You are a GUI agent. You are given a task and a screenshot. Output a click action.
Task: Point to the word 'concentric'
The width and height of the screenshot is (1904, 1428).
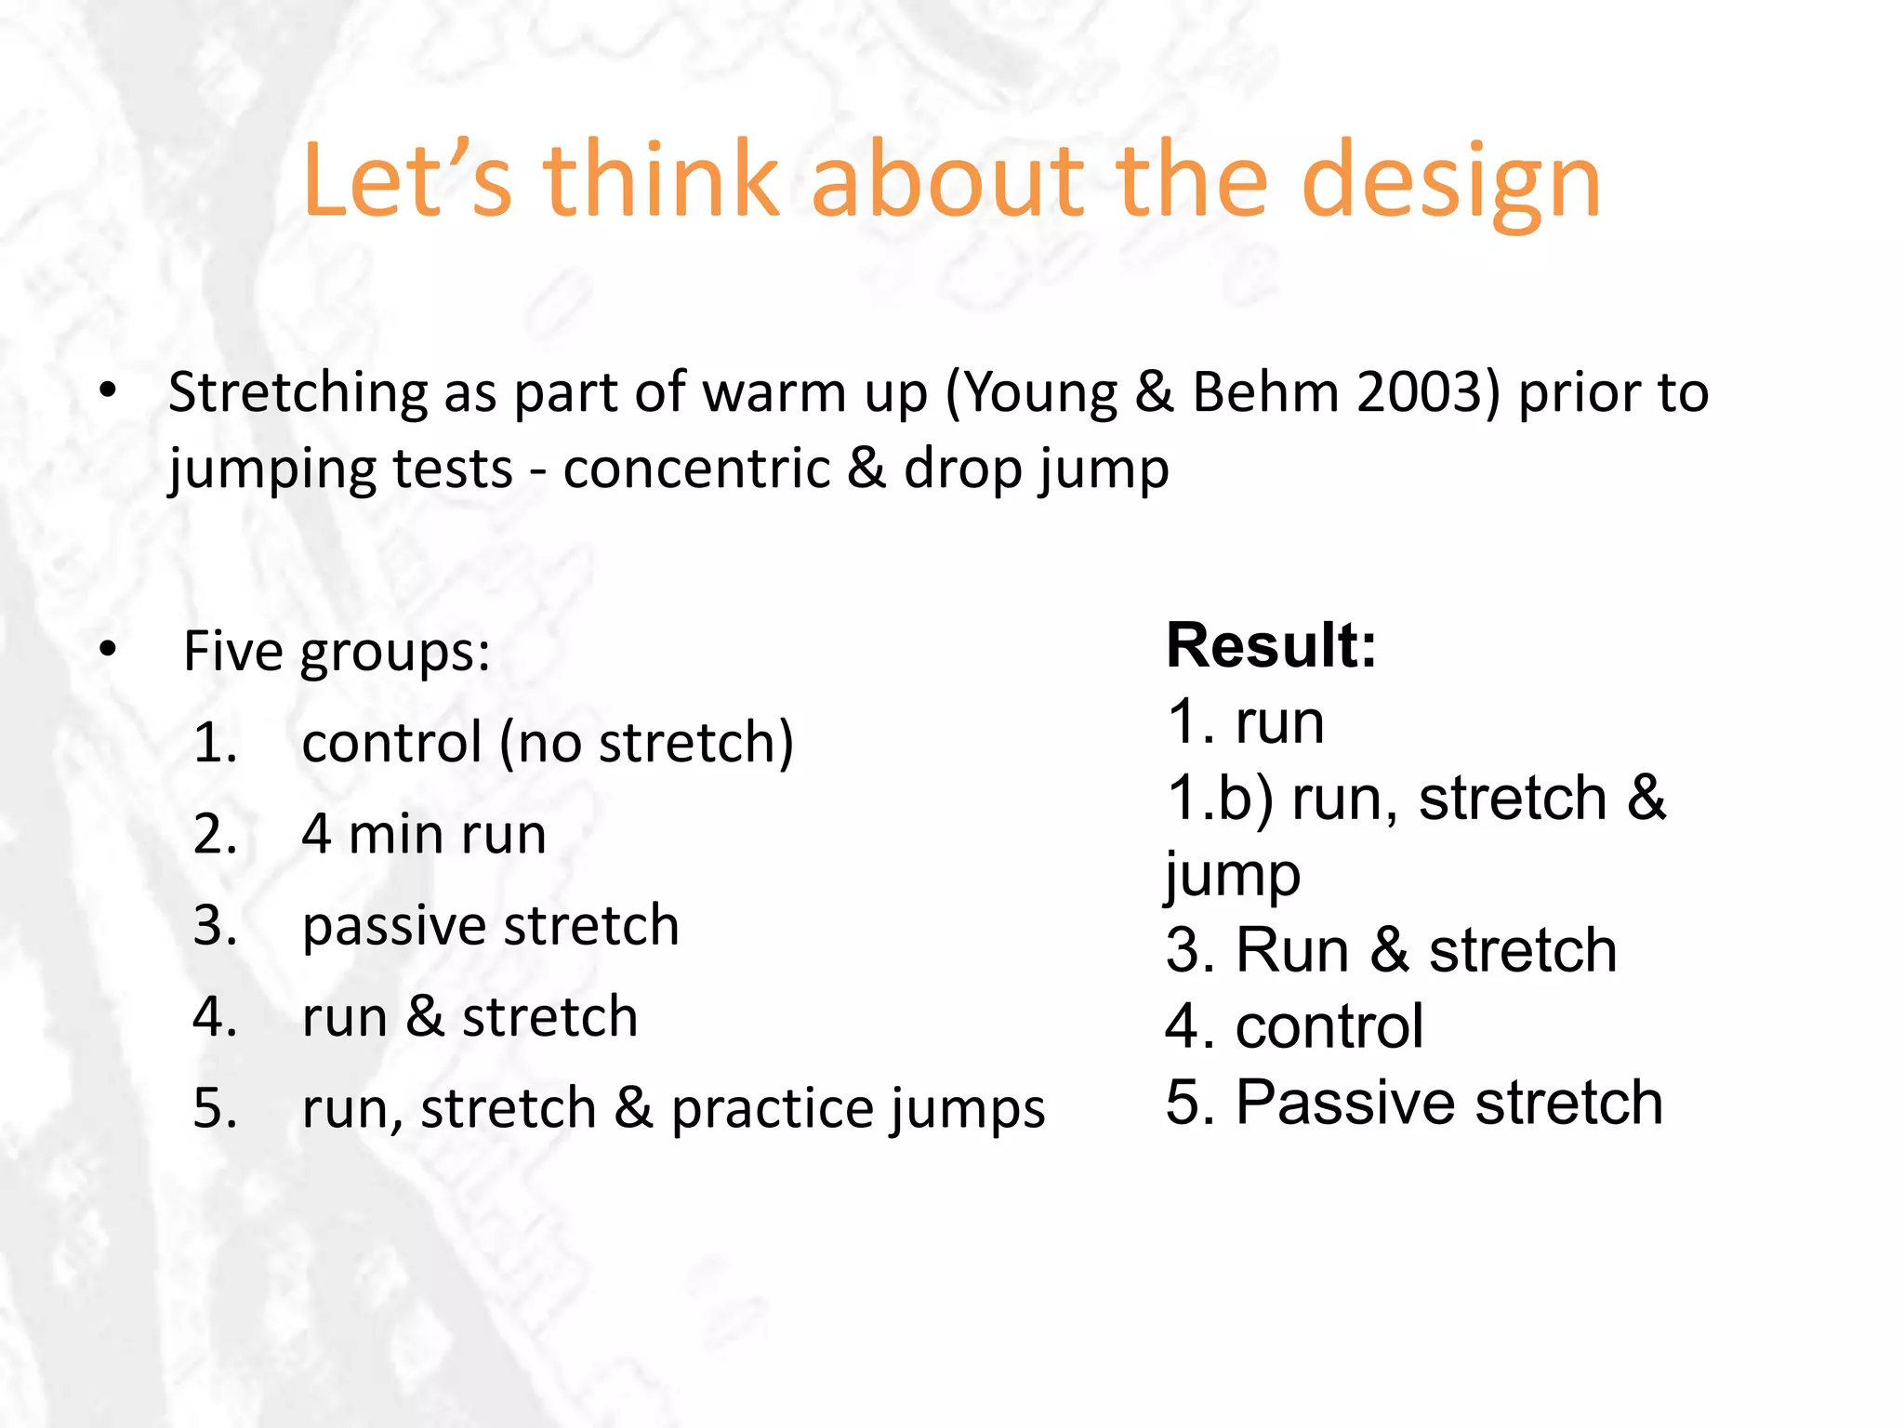tap(695, 468)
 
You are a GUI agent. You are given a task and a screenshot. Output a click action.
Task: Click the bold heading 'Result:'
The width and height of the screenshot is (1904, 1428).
tap(1271, 644)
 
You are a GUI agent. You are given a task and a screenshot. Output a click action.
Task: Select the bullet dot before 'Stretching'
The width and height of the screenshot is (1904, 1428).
tap(109, 390)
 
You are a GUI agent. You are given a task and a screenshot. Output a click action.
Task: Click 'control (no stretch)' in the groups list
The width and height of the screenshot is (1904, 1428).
tap(548, 743)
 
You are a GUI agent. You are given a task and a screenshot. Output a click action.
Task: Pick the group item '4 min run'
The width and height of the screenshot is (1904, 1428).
tap(423, 834)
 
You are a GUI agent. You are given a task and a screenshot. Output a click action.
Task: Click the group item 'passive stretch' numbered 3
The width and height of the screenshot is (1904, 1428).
tap(490, 925)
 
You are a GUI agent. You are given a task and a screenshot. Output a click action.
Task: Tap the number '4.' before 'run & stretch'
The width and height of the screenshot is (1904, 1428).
tap(215, 1016)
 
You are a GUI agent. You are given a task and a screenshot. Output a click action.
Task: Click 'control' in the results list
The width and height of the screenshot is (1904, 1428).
tap(1329, 1026)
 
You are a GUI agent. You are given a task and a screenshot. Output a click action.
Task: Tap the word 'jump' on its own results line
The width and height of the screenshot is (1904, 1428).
tap(1232, 876)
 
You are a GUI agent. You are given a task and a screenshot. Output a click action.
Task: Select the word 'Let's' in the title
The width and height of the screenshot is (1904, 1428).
tap(407, 181)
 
